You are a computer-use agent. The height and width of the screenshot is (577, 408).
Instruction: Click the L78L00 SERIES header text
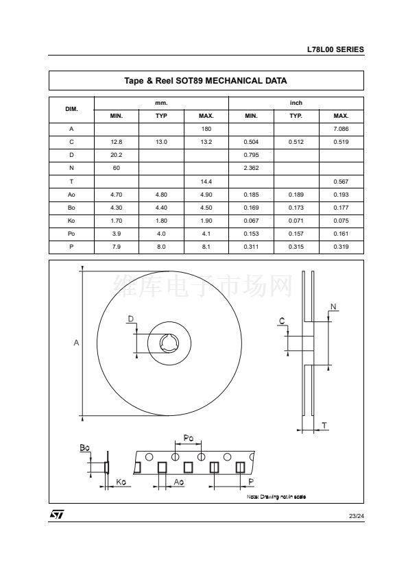pos(335,49)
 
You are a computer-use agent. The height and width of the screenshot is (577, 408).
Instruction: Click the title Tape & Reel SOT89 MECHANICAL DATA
pos(206,81)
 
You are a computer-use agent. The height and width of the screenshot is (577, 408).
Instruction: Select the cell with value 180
pos(206,129)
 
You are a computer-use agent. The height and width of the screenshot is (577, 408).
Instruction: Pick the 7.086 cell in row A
pos(341,129)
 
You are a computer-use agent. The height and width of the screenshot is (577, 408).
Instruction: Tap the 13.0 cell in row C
pos(161,142)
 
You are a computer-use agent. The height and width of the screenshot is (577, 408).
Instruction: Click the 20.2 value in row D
pos(117,155)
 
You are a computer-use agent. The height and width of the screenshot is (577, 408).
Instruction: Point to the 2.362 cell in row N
pos(251,168)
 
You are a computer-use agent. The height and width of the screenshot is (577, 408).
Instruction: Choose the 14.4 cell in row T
pos(206,182)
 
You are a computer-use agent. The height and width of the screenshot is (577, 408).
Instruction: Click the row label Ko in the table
pos(71,221)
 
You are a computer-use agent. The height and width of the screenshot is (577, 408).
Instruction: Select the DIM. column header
pos(71,109)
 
